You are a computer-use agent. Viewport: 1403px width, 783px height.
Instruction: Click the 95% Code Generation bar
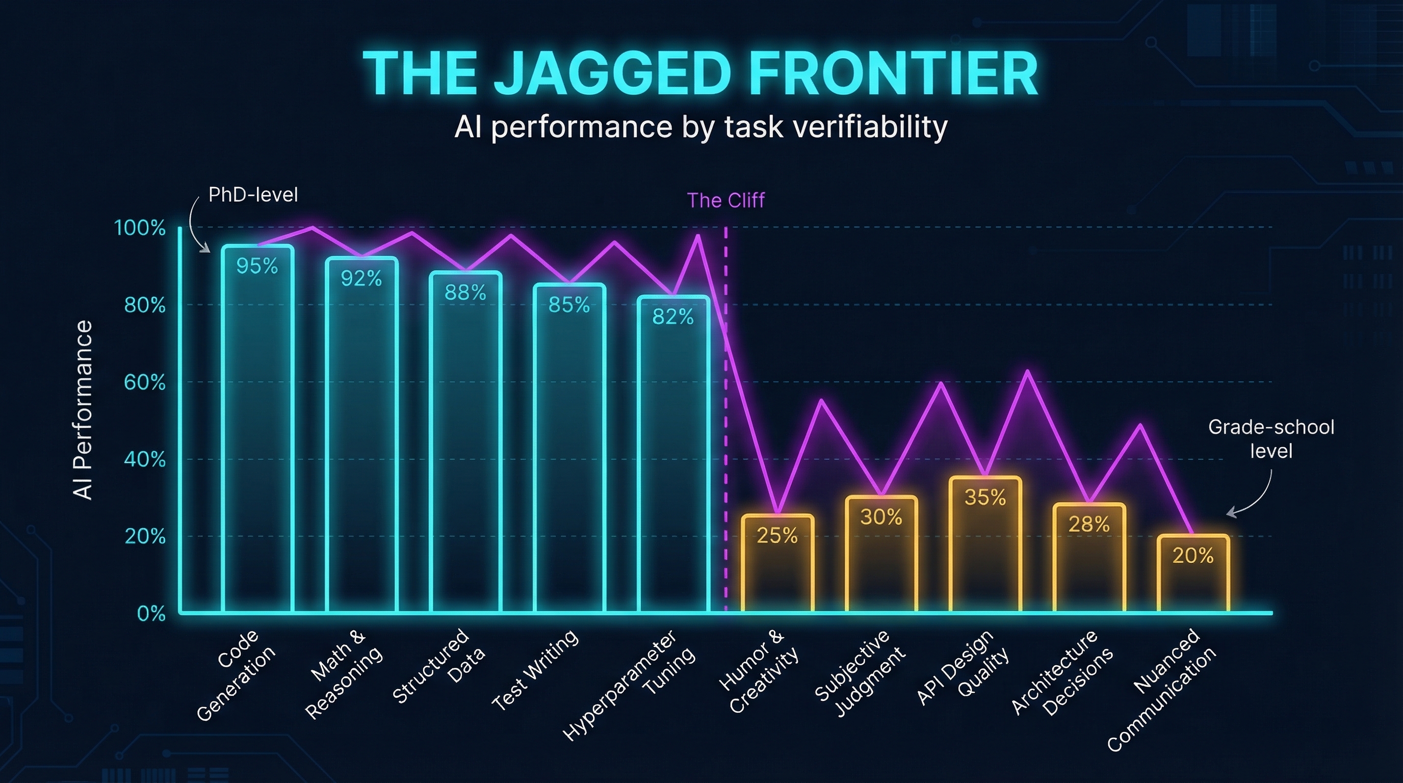coord(257,430)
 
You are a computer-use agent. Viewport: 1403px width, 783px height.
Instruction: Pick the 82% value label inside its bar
coord(672,317)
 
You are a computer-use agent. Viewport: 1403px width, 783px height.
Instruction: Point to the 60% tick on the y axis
coord(144,383)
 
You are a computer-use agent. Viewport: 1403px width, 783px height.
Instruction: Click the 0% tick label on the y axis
coord(151,614)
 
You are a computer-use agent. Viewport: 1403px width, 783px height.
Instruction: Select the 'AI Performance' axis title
coord(83,409)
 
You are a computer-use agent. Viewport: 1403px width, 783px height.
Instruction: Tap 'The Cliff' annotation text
coord(725,200)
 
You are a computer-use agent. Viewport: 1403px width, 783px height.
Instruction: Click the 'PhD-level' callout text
coord(253,195)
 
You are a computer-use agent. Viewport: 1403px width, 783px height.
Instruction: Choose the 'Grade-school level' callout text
coord(1270,439)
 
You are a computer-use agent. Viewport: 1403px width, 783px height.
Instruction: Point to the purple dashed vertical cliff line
coord(725,436)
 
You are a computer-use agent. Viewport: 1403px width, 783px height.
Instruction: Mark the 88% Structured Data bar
coord(465,441)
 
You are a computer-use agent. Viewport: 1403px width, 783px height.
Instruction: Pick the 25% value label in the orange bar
coord(777,536)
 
